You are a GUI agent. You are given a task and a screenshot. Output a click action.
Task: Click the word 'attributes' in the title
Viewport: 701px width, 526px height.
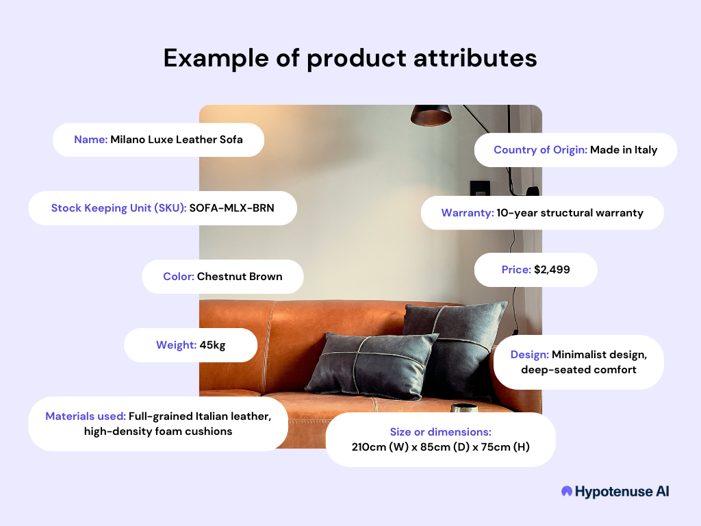click(x=475, y=58)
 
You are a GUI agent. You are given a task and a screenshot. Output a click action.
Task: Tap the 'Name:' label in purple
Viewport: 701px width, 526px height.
click(x=91, y=140)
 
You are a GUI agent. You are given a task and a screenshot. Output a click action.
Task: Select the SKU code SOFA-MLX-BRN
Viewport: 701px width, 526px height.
click(x=231, y=208)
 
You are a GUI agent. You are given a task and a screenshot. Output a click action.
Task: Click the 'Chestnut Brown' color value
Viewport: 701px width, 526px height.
click(x=240, y=277)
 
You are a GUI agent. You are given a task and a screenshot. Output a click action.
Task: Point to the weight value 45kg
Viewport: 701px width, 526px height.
click(x=212, y=345)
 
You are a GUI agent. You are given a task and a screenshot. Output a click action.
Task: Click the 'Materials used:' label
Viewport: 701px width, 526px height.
click(x=86, y=416)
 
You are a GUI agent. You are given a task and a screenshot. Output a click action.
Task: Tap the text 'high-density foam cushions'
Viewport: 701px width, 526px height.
click(x=158, y=431)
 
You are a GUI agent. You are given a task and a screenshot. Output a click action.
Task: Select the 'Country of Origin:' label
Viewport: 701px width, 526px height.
click(x=540, y=150)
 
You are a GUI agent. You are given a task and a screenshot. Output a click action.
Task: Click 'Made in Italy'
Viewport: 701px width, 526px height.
click(x=624, y=150)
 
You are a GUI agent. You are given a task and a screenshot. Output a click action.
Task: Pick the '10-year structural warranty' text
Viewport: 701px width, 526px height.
click(x=570, y=213)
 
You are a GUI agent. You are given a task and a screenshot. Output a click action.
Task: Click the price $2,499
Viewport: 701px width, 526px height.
click(x=552, y=270)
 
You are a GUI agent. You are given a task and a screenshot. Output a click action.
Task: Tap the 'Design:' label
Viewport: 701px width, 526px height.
click(x=529, y=355)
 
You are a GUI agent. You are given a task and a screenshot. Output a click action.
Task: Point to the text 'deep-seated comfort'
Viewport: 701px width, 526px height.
click(x=578, y=370)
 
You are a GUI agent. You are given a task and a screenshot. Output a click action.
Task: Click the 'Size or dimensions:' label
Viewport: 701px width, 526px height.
click(x=440, y=432)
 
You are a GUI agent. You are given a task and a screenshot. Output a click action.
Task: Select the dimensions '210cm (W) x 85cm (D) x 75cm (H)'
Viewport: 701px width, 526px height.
click(x=440, y=447)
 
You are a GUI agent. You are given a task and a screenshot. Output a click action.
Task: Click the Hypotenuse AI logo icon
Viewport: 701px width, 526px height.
click(x=566, y=491)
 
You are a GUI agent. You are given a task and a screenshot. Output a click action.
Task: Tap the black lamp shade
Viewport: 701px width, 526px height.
click(x=431, y=115)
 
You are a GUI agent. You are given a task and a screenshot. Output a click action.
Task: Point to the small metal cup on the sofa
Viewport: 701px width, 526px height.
click(x=463, y=408)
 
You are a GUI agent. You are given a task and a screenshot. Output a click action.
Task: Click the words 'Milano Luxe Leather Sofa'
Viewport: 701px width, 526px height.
click(x=177, y=140)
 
